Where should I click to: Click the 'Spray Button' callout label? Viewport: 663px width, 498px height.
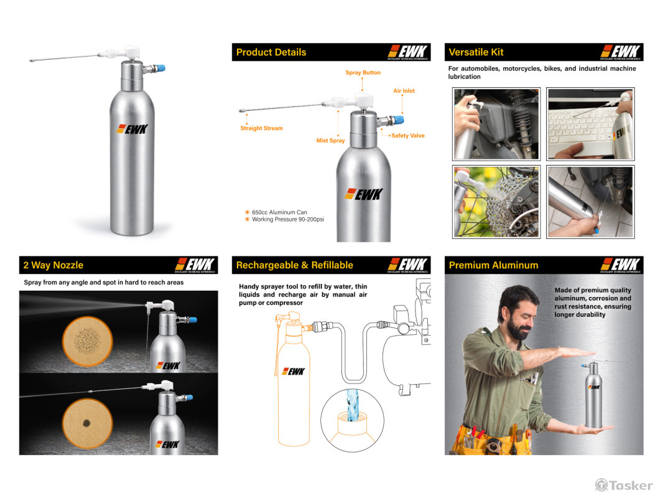tap(363, 72)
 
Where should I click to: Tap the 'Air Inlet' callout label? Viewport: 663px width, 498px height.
tap(404, 90)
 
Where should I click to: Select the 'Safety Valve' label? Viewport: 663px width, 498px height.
tap(407, 136)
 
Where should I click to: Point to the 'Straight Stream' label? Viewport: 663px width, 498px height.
tap(261, 128)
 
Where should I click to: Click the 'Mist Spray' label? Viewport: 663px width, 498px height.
tap(330, 141)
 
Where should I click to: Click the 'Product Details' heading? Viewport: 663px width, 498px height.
tap(271, 52)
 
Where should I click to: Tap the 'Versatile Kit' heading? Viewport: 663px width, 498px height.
tap(476, 52)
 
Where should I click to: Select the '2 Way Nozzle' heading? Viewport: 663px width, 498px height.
tap(53, 265)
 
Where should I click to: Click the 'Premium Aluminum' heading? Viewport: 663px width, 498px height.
tap(493, 265)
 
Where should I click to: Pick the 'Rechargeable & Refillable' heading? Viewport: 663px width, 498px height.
tap(295, 265)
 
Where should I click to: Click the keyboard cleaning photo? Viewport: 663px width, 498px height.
tap(590, 124)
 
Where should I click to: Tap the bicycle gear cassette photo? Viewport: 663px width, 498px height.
tap(496, 202)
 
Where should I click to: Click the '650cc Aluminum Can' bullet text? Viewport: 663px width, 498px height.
tap(279, 212)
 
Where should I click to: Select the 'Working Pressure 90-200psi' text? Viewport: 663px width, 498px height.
tap(288, 219)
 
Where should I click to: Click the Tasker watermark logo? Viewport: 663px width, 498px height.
tap(624, 485)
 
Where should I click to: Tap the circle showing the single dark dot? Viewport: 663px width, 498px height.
tap(87, 423)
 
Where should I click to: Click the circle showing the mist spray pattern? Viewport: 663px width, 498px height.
tap(87, 341)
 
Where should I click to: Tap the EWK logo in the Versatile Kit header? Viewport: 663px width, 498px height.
tap(620, 52)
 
